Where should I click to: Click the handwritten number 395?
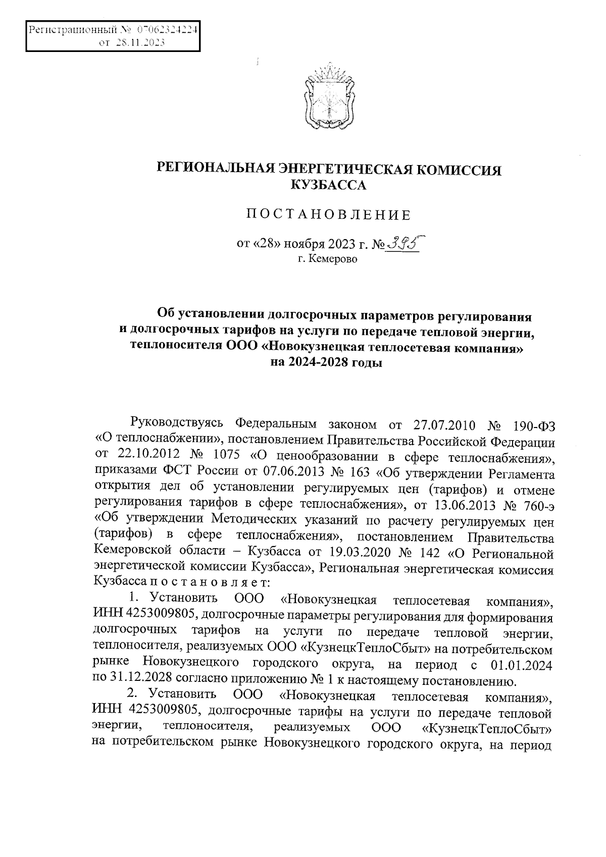[403, 244]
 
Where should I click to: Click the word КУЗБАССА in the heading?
[329, 186]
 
